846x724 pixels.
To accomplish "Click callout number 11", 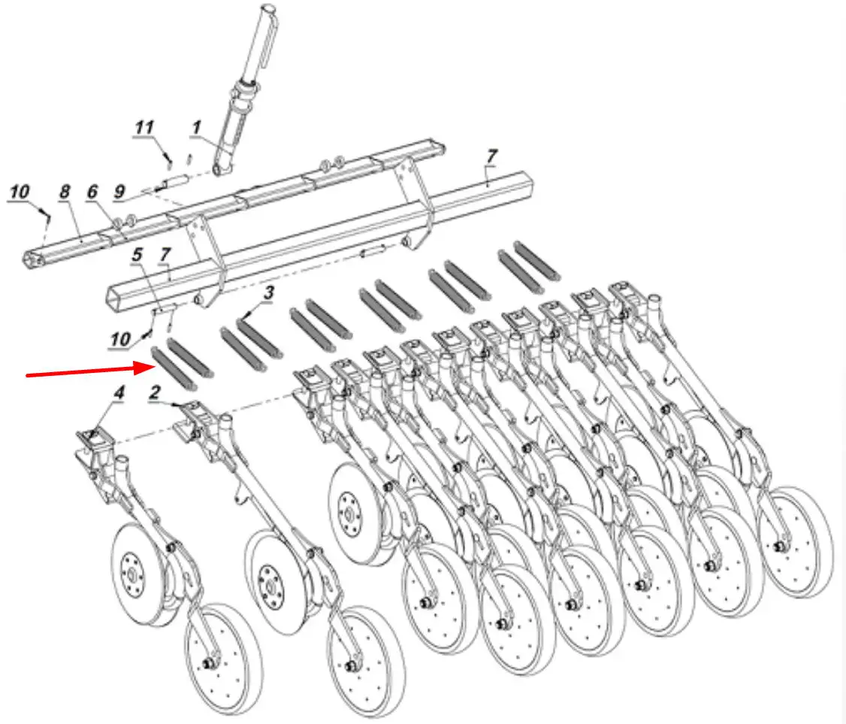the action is (144, 127).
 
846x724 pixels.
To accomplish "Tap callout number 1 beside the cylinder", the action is (196, 127).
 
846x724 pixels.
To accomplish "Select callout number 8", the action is (65, 191).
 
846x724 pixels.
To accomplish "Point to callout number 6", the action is (92, 191).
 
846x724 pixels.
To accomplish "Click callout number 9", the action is (119, 191).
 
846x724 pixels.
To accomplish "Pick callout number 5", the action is (137, 254).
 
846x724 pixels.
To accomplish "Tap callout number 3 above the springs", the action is (268, 293).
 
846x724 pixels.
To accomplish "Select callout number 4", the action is (119, 392).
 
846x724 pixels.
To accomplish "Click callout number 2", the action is (155, 392).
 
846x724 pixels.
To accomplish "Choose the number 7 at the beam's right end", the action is (491, 156).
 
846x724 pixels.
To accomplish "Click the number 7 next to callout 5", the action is (165, 254).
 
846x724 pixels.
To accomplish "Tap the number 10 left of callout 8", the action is (20, 191).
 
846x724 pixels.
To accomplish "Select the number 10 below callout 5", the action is (120, 339).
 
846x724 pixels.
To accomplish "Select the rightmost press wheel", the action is (793, 542).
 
